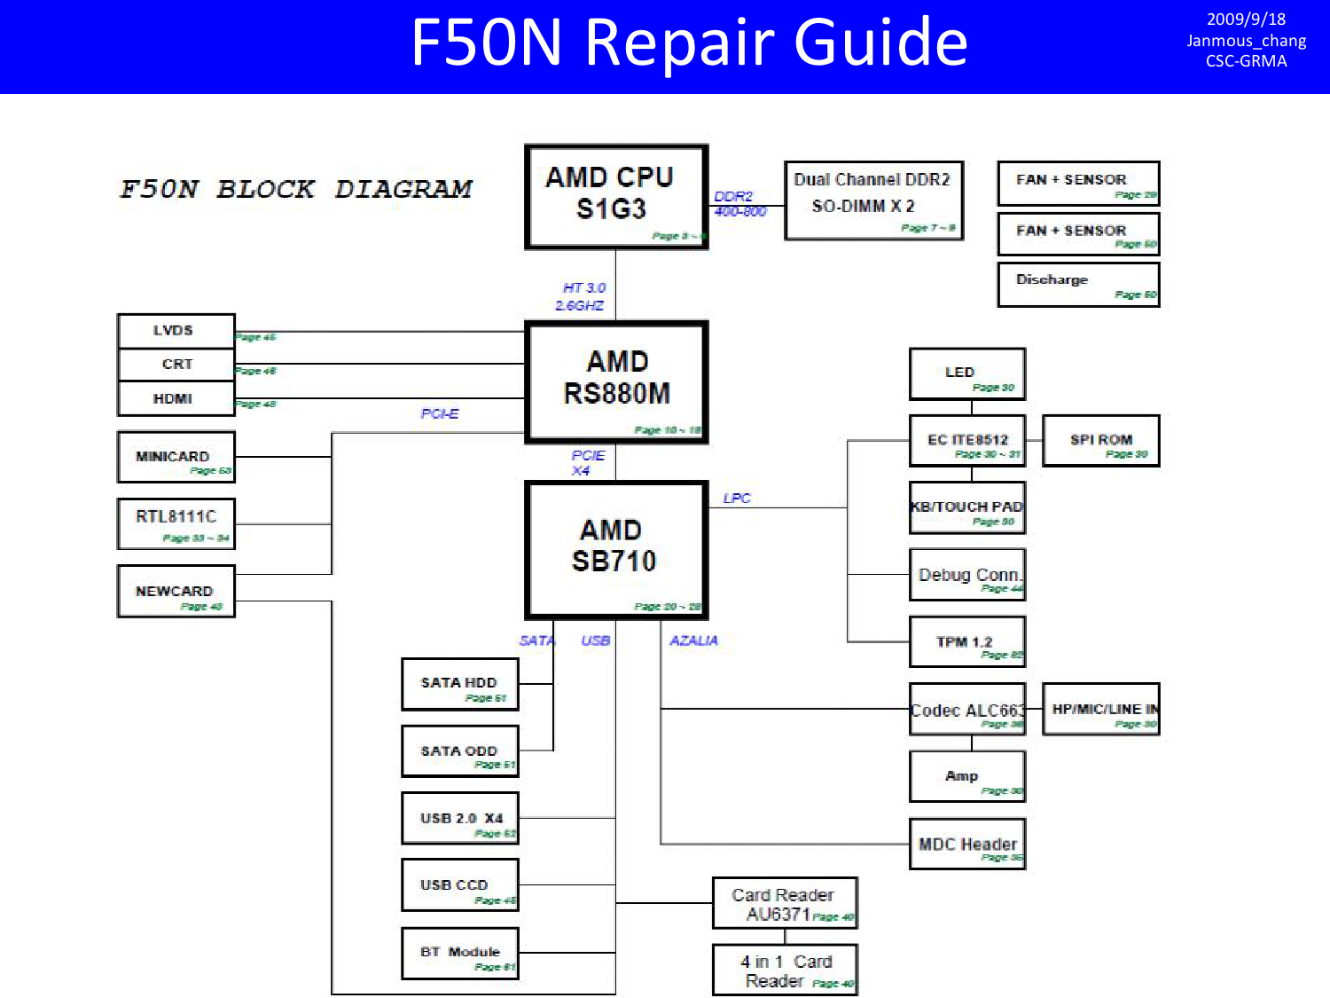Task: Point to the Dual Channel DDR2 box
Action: [x=873, y=200]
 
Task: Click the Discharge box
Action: [x=1078, y=285]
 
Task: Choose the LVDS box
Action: [x=176, y=331]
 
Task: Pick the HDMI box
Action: [x=176, y=399]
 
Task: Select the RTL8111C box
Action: [x=176, y=523]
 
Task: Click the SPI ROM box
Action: [x=1100, y=441]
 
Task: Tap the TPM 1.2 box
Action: [x=966, y=641]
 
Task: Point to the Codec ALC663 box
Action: [x=966, y=709]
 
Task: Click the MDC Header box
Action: [x=966, y=844]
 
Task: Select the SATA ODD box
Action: [x=459, y=751]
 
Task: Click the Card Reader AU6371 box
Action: [x=784, y=903]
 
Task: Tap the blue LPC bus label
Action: [x=737, y=499]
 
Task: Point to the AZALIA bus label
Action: [x=693, y=640]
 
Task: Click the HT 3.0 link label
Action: [x=583, y=288]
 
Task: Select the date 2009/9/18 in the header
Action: [x=1246, y=20]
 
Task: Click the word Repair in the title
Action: [x=680, y=43]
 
